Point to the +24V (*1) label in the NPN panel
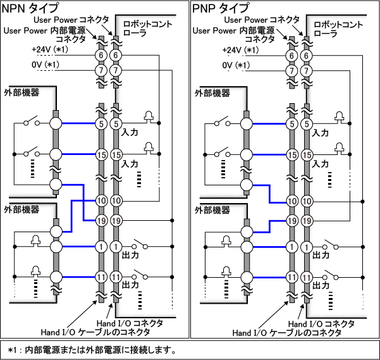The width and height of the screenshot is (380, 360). (x=49, y=50)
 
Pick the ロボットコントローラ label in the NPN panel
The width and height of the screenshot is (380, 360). (x=146, y=29)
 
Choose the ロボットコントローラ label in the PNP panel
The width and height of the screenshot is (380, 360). (x=338, y=29)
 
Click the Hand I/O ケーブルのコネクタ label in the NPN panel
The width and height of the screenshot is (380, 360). (x=95, y=332)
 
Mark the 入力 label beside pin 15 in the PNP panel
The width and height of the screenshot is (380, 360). (x=321, y=163)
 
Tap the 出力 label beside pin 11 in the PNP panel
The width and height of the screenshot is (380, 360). (x=321, y=285)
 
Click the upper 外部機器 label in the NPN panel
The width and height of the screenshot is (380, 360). (x=21, y=92)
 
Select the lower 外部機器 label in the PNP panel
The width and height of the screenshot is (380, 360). (x=212, y=209)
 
